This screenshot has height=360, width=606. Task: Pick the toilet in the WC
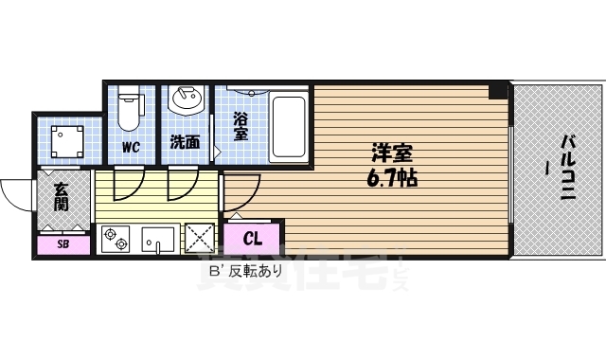(x=131, y=109)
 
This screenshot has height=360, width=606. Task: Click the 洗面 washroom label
(x=185, y=144)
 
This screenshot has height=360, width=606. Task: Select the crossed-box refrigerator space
(x=201, y=238)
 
